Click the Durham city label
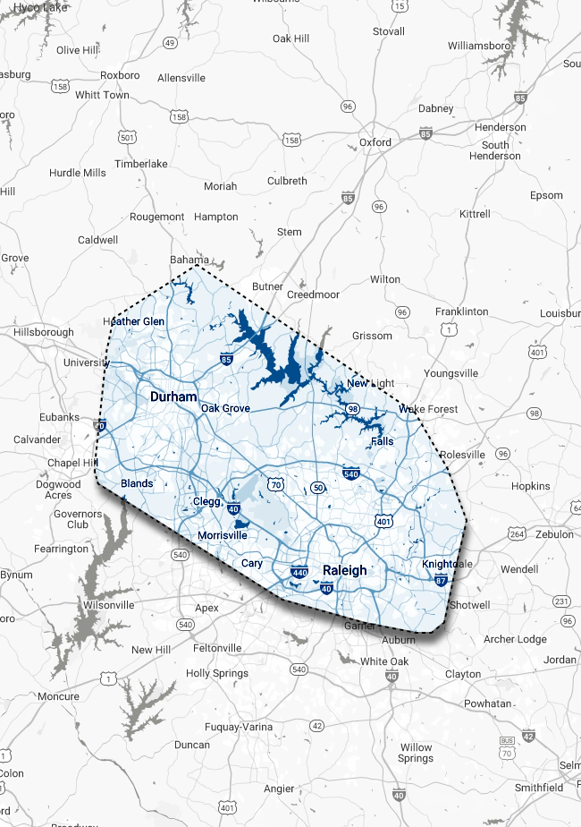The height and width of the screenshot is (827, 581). (173, 396)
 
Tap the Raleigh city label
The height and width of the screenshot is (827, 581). (344, 570)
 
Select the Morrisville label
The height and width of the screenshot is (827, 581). (222, 535)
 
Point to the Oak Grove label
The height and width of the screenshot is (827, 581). (225, 408)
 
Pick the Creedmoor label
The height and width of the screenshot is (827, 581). (313, 294)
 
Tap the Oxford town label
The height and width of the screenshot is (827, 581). (375, 142)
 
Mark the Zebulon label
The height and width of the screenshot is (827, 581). (553, 533)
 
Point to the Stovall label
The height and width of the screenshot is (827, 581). (389, 31)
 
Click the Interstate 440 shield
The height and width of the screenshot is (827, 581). (299, 571)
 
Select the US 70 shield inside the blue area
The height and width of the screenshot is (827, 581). (277, 486)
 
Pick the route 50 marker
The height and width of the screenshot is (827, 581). (319, 487)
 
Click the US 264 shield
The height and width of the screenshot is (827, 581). (517, 534)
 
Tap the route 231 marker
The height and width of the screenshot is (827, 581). (561, 601)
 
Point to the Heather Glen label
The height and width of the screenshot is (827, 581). (135, 321)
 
